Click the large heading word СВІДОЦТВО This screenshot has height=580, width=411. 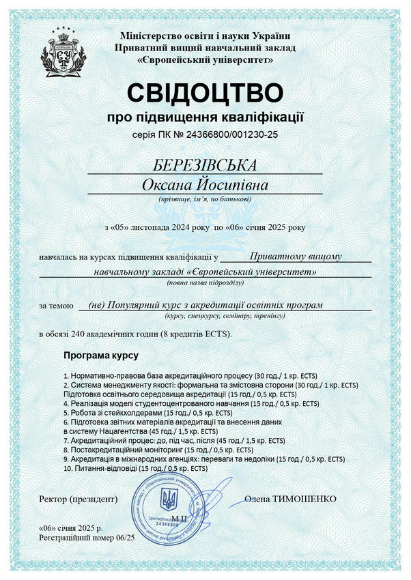click(205, 93)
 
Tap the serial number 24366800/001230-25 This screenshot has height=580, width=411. click(226, 134)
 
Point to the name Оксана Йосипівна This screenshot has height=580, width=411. click(205, 185)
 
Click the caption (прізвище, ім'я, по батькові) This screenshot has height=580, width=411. click(205, 199)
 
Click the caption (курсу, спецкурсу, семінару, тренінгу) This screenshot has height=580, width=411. click(225, 317)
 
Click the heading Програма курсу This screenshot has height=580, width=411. click(100, 356)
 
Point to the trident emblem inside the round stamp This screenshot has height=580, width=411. click(167, 504)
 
